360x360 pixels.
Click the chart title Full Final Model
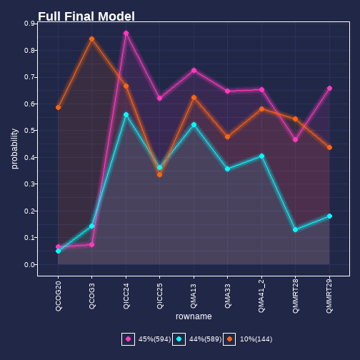click(x=86, y=16)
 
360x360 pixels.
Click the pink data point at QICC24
click(x=126, y=33)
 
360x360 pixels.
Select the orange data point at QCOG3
click(x=92, y=39)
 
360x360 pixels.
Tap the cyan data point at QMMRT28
click(x=295, y=230)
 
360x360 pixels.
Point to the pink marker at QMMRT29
click(x=329, y=89)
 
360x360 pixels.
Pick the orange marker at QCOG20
click(x=59, y=108)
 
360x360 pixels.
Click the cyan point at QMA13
click(x=194, y=125)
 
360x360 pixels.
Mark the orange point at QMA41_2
click(x=261, y=109)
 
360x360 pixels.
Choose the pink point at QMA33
click(x=227, y=91)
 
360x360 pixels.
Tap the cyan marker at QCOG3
click(x=92, y=226)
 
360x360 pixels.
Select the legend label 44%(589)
click(x=205, y=339)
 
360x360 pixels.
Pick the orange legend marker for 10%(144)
click(x=229, y=339)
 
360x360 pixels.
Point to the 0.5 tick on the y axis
click(x=30, y=131)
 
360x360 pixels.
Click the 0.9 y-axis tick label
click(x=30, y=24)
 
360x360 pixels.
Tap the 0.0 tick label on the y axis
click(x=30, y=265)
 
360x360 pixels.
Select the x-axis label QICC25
click(x=160, y=296)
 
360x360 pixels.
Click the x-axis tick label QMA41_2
click(x=261, y=296)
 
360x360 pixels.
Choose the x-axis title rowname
click(x=194, y=316)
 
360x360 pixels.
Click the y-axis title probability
click(x=14, y=149)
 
